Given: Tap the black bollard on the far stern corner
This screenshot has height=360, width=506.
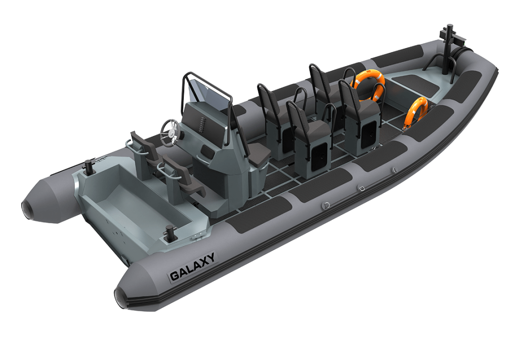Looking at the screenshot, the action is point(88,167).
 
